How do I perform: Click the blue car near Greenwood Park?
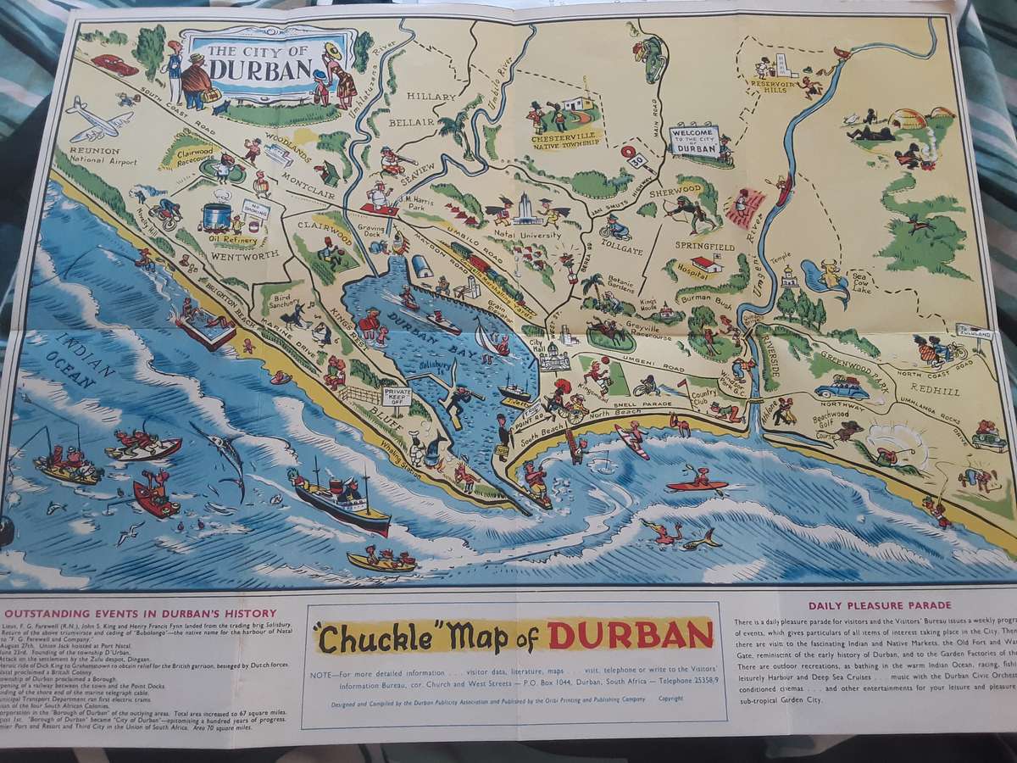click(x=841, y=388)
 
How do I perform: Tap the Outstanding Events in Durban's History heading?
click(x=140, y=613)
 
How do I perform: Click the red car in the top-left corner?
click(x=114, y=64)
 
